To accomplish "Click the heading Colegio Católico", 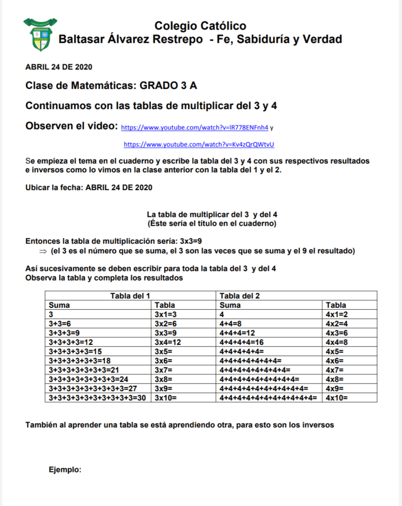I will tap(200, 26).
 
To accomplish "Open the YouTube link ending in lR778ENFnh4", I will tap(195, 127).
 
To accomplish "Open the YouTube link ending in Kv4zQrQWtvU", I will tap(199, 144).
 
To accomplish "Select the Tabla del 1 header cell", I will tap(130, 296).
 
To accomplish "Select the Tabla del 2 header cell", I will tap(240, 296).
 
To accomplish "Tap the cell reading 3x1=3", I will tap(166, 314).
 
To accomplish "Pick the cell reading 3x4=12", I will tap(168, 342).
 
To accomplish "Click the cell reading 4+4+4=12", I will tap(237, 333).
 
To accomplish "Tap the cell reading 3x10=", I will tap(166, 397).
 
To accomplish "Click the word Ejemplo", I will tap(65, 469).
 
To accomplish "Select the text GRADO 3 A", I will tap(169, 85).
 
